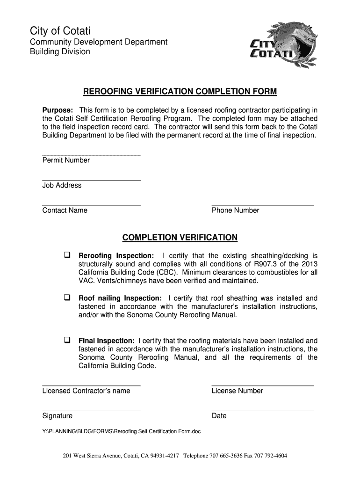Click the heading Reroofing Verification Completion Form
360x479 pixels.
tap(180, 91)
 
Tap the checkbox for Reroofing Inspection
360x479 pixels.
tap(67, 255)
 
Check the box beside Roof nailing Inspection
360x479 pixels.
tap(67, 298)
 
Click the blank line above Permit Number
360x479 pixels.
tap(91, 155)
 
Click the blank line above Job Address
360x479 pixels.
tap(91, 180)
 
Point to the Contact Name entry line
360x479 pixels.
tap(91, 205)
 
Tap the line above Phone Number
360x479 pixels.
tap(262, 205)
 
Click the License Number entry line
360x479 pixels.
tap(262, 385)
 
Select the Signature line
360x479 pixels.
tap(91, 410)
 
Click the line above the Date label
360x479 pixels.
tap(262, 410)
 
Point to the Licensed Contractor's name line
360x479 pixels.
tap(91, 385)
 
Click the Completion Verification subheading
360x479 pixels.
tap(180, 238)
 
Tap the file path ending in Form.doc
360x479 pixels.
tap(121, 431)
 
